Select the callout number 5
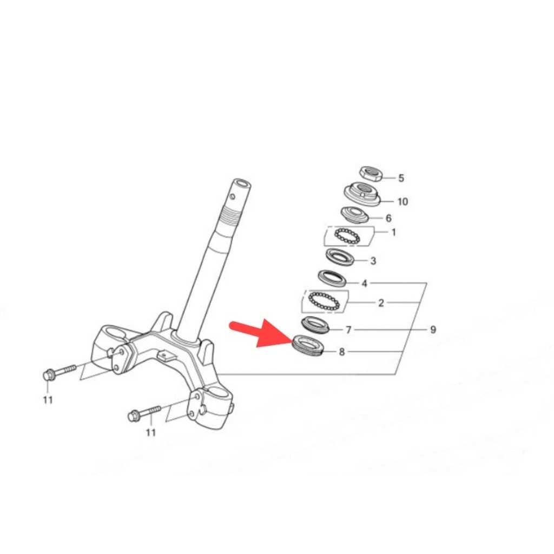(401, 178)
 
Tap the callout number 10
(403, 202)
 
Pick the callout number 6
(388, 219)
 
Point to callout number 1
(394, 233)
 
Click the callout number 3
(373, 261)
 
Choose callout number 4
(365, 283)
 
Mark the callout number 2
(381, 303)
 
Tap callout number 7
(348, 330)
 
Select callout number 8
(342, 352)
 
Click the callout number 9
(433, 330)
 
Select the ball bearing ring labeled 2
(324, 301)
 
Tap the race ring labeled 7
(315, 325)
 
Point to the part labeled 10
(362, 194)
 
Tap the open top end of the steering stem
(242, 184)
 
